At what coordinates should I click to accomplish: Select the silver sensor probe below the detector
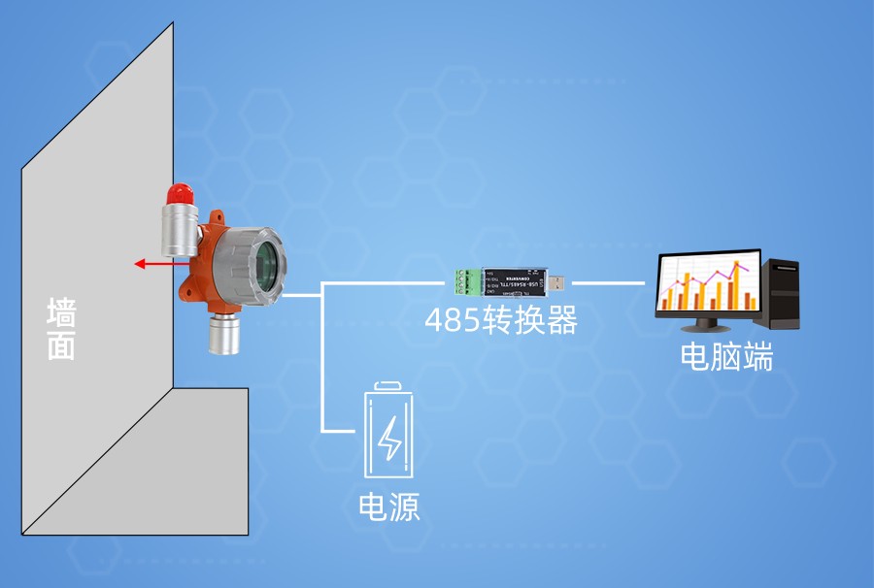coord(224,336)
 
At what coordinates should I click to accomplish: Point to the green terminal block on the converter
coord(467,281)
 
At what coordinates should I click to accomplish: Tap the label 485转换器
coord(501,319)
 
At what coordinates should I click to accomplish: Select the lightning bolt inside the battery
coord(389,439)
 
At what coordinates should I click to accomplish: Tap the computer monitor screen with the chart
coord(708,281)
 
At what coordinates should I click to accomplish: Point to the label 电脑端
coord(726,358)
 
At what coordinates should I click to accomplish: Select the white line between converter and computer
coord(608,283)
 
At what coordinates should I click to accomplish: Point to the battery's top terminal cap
coord(388,386)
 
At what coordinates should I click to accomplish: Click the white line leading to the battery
coord(322,369)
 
